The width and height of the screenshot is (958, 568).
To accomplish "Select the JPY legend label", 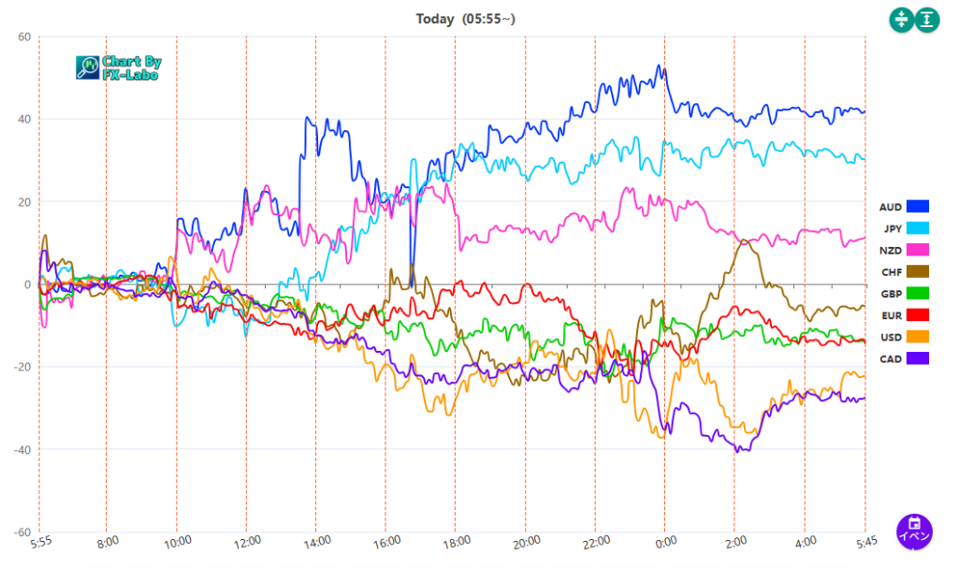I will point(892,227).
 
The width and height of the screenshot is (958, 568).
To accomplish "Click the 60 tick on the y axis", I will point(23,37).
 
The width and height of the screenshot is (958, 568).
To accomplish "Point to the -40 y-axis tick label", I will point(21,449).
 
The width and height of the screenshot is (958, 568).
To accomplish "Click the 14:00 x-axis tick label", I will point(316,541).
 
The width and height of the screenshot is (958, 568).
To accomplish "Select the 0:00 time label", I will point(665,541).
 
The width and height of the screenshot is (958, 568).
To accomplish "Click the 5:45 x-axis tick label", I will point(864,541).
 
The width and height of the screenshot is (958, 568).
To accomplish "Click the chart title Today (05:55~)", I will point(465,19).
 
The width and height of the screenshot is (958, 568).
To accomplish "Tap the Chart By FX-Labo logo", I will point(119,67).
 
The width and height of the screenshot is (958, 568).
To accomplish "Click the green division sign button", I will point(900,20).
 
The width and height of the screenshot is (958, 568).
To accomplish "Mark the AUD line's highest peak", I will point(659,66).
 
